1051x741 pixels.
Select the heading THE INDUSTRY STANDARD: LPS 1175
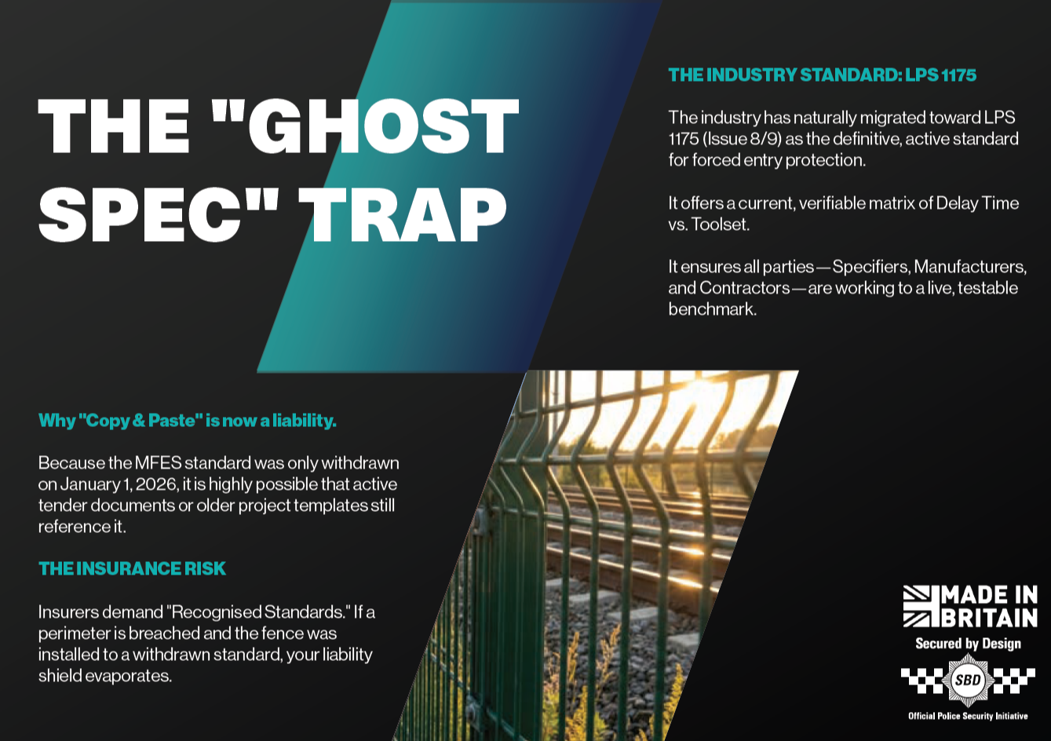coord(822,75)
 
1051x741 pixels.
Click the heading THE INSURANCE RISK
coord(132,568)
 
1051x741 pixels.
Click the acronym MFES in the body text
coord(158,463)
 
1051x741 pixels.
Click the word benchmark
coord(712,309)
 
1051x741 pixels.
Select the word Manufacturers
coord(970,267)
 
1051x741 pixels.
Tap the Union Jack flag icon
coord(916,606)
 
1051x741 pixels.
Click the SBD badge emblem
coord(968,680)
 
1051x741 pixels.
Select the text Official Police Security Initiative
coord(968,716)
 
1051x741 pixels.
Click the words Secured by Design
coord(968,644)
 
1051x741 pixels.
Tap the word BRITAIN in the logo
coord(988,618)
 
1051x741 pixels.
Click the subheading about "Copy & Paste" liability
coord(188,421)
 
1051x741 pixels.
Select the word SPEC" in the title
coord(159,214)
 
